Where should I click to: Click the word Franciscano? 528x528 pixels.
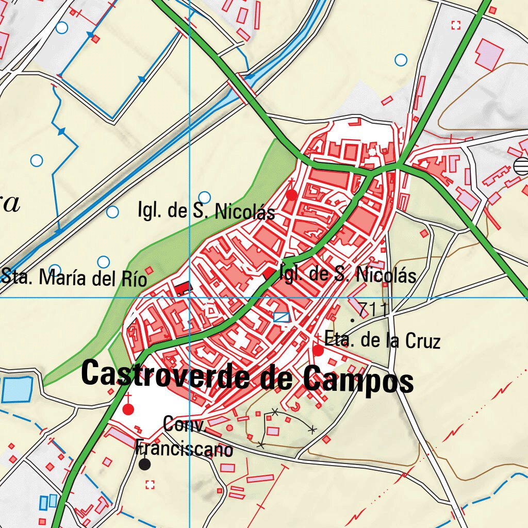tap(184, 449)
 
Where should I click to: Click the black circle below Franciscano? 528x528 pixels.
tap(145, 464)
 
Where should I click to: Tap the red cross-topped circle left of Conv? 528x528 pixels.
tap(128, 409)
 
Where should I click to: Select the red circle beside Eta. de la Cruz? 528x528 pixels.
tap(318, 351)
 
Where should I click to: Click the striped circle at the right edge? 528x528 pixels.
tap(522, 166)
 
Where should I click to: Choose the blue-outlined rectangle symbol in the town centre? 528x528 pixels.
tap(282, 317)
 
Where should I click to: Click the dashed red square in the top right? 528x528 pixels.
tap(455, 25)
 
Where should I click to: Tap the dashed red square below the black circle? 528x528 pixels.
tap(150, 484)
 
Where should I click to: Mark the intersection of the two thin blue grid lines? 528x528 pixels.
tap(190, 298)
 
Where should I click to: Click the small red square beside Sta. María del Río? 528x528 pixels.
tap(150, 270)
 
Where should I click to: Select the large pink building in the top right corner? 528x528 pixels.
tap(489, 54)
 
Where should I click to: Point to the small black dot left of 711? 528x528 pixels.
tap(352, 320)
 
